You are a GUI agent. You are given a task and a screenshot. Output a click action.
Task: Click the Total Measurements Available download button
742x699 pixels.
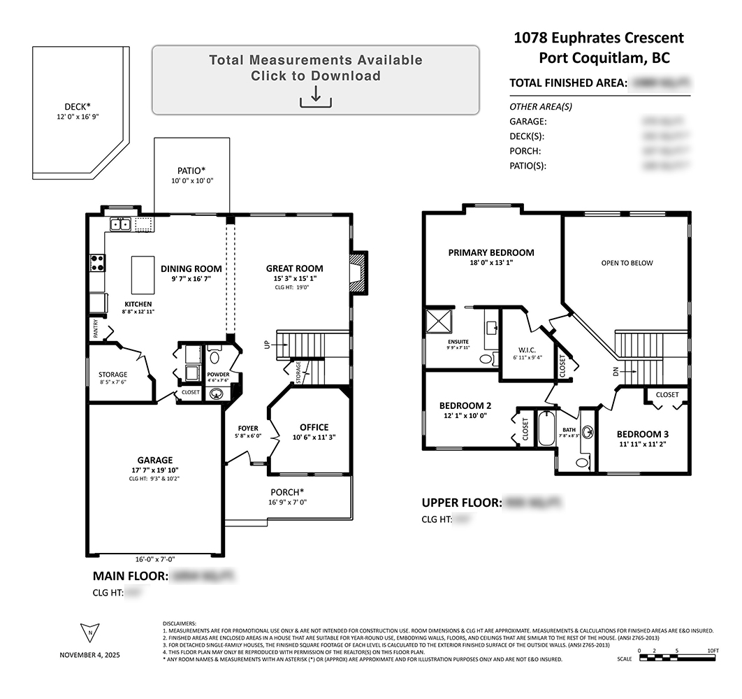pos(316,80)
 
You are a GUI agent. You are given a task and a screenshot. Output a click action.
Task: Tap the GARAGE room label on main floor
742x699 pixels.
pos(154,460)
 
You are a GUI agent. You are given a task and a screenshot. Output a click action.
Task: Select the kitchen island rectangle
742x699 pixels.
pos(143,275)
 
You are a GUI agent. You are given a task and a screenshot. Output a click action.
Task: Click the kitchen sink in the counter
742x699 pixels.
pos(120,224)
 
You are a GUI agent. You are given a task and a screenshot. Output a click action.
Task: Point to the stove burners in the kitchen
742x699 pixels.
pos(97,263)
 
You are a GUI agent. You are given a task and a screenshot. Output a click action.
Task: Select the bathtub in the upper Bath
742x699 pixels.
pos(546,428)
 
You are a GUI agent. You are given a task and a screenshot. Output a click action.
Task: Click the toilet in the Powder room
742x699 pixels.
pos(214,357)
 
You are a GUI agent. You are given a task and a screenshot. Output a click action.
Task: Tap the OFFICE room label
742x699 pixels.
pos(314,428)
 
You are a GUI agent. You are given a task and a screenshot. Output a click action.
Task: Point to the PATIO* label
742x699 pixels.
pos(192,170)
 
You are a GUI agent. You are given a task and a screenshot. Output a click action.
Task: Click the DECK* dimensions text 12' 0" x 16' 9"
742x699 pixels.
pos(78,117)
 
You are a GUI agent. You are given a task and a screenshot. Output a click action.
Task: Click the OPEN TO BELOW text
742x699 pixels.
pos(627,263)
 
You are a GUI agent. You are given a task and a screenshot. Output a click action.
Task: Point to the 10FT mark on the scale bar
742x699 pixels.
pos(713,651)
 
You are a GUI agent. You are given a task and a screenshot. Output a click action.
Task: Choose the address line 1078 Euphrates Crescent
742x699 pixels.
pos(599,38)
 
